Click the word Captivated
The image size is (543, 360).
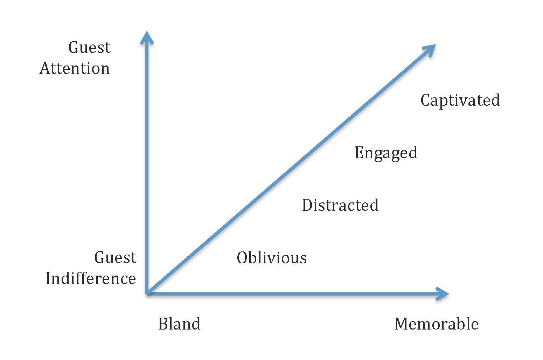(460, 100)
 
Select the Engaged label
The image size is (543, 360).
(386, 153)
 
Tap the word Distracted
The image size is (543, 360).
(340, 205)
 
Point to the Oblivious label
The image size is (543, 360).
(272, 258)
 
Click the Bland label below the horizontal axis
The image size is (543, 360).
(179, 324)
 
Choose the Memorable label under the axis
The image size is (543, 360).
(436, 324)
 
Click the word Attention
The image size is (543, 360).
(75, 68)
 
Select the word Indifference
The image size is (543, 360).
(91, 278)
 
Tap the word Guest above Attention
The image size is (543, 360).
(89, 47)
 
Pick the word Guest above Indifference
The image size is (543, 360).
(115, 257)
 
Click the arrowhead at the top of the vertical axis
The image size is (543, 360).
(147, 37)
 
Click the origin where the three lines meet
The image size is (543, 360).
(148, 293)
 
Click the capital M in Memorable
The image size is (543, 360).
(402, 324)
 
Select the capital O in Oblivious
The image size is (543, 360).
(242, 258)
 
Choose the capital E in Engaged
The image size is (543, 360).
(359, 152)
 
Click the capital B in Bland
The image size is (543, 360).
(163, 324)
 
